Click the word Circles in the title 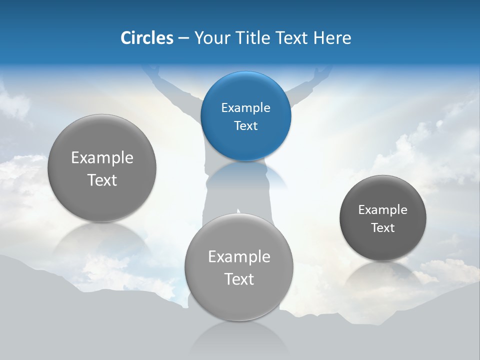(x=146, y=38)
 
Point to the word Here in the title (x=332, y=38)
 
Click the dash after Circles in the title (x=183, y=38)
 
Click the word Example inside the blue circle (x=245, y=107)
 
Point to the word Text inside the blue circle (x=245, y=125)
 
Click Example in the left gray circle (x=102, y=157)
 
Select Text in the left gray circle (x=102, y=180)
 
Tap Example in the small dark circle (x=382, y=209)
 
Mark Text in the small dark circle (x=382, y=227)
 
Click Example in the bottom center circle (x=239, y=256)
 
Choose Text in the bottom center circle (x=239, y=279)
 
